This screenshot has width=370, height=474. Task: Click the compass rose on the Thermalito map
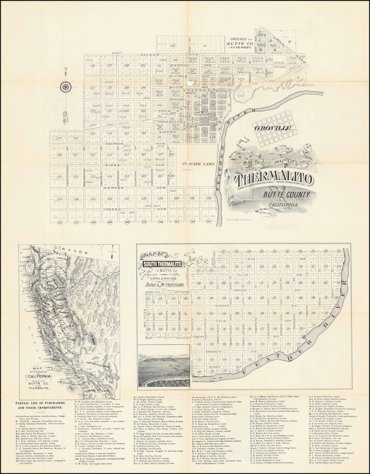click(x=66, y=87)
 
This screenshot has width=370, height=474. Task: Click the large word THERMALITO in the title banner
click(x=272, y=179)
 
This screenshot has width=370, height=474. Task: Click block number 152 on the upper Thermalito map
click(x=59, y=222)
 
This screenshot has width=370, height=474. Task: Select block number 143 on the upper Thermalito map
click(x=208, y=221)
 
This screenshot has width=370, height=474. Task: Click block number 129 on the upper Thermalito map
click(x=59, y=138)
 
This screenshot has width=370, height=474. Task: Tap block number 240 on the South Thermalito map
click(x=199, y=371)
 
